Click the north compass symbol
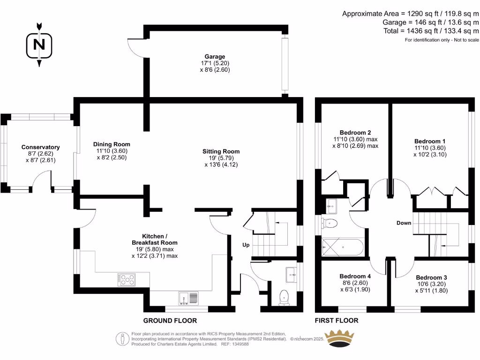coord(39,45)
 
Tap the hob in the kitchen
coord(127,280)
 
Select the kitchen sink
coord(189,297)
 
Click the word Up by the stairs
coord(246,245)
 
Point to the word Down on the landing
coord(404,223)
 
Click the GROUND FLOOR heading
coord(170,321)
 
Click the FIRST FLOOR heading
coord(337,321)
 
